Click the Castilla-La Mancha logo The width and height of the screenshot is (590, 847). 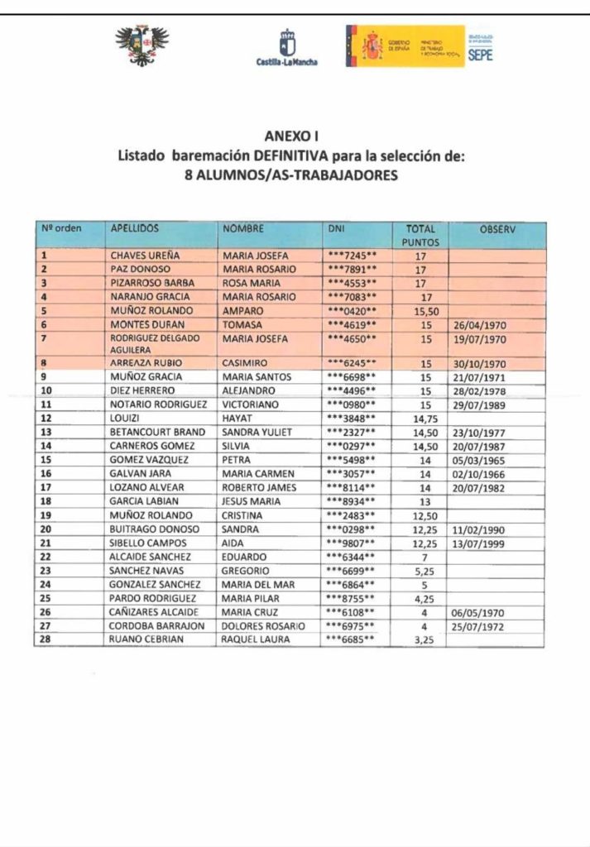286,47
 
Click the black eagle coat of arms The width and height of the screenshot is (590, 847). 142,45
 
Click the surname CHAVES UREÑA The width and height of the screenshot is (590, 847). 145,256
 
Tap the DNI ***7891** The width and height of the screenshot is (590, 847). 353,270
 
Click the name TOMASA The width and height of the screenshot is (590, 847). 242,325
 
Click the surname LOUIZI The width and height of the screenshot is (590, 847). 125,419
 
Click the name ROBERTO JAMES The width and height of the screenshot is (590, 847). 258,487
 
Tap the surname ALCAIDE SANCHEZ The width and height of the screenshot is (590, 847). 151,557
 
